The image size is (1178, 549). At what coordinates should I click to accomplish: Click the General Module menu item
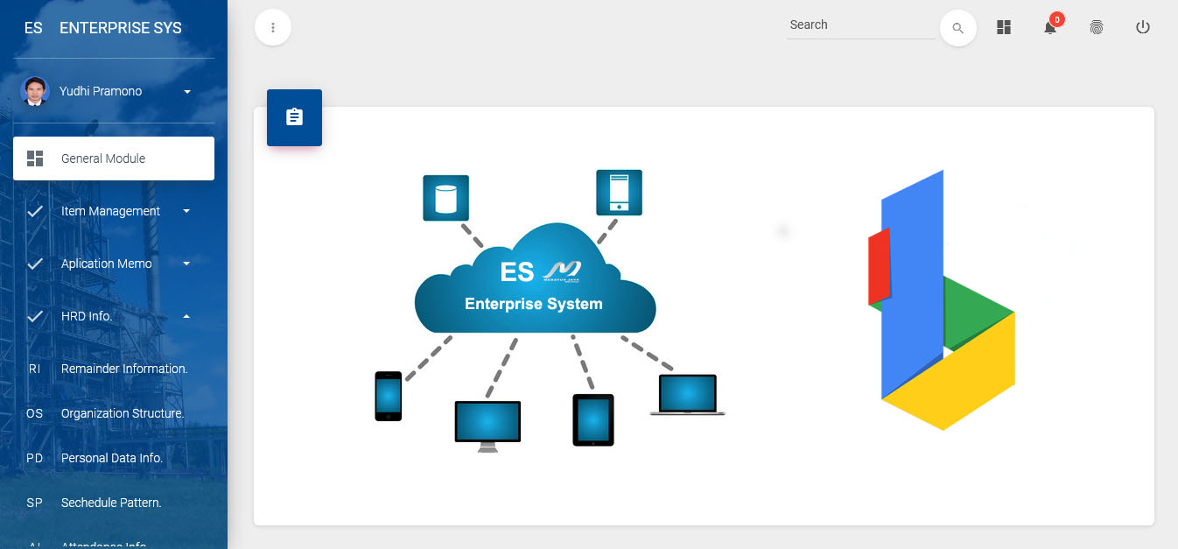(114, 158)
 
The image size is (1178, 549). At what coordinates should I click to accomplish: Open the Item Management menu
(110, 211)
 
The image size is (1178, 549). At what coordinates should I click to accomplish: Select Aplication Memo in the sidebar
(107, 264)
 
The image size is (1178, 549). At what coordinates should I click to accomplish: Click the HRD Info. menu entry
(88, 316)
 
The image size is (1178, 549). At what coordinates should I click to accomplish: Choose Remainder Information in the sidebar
(124, 369)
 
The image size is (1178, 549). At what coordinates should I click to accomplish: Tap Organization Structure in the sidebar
(123, 413)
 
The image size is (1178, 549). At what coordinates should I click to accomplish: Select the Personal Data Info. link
(112, 458)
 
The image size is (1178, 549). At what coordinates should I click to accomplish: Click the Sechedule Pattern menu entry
(111, 503)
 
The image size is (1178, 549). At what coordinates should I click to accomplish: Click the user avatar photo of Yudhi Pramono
(35, 91)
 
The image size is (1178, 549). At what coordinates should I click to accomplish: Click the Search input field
(860, 25)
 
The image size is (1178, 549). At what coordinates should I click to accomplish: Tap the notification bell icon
(1050, 28)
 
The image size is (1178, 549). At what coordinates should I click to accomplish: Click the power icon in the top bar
(1142, 27)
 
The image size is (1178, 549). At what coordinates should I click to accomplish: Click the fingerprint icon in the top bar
(1097, 27)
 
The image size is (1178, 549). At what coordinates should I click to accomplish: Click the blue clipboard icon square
(294, 117)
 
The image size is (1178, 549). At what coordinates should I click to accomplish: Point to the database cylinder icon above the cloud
(445, 198)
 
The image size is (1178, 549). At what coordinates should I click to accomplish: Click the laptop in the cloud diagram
(688, 394)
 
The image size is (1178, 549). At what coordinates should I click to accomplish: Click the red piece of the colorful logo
(880, 267)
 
